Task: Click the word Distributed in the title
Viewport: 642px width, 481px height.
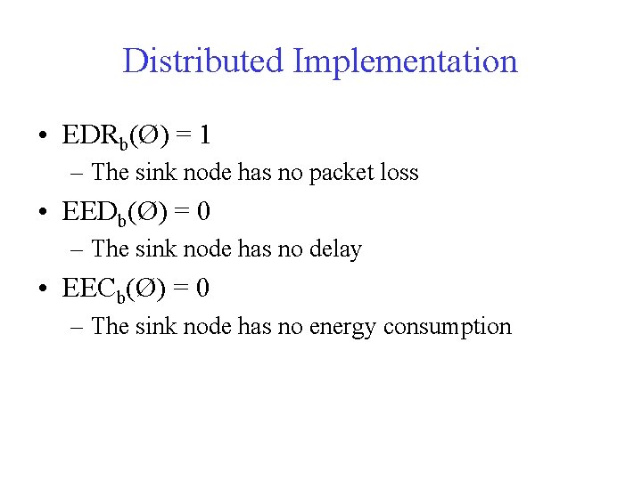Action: (x=203, y=61)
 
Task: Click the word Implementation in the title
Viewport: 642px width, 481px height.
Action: (x=405, y=61)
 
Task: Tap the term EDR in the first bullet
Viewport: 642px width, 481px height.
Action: (x=89, y=135)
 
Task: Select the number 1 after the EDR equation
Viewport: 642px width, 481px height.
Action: (x=205, y=135)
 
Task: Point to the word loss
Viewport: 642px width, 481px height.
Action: (x=399, y=172)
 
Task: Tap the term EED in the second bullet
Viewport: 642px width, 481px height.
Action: (x=89, y=212)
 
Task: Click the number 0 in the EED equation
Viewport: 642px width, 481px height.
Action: (x=204, y=212)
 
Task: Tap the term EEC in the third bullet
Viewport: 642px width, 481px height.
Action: (x=89, y=289)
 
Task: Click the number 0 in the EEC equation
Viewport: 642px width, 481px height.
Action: (x=204, y=289)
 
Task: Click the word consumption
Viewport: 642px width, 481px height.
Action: (x=448, y=326)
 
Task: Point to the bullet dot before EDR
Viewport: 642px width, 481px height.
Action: (x=43, y=136)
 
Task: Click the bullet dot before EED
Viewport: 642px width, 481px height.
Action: (x=43, y=213)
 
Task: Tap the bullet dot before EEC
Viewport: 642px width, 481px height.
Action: (x=43, y=289)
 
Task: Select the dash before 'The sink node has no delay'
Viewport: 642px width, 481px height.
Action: (x=77, y=249)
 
